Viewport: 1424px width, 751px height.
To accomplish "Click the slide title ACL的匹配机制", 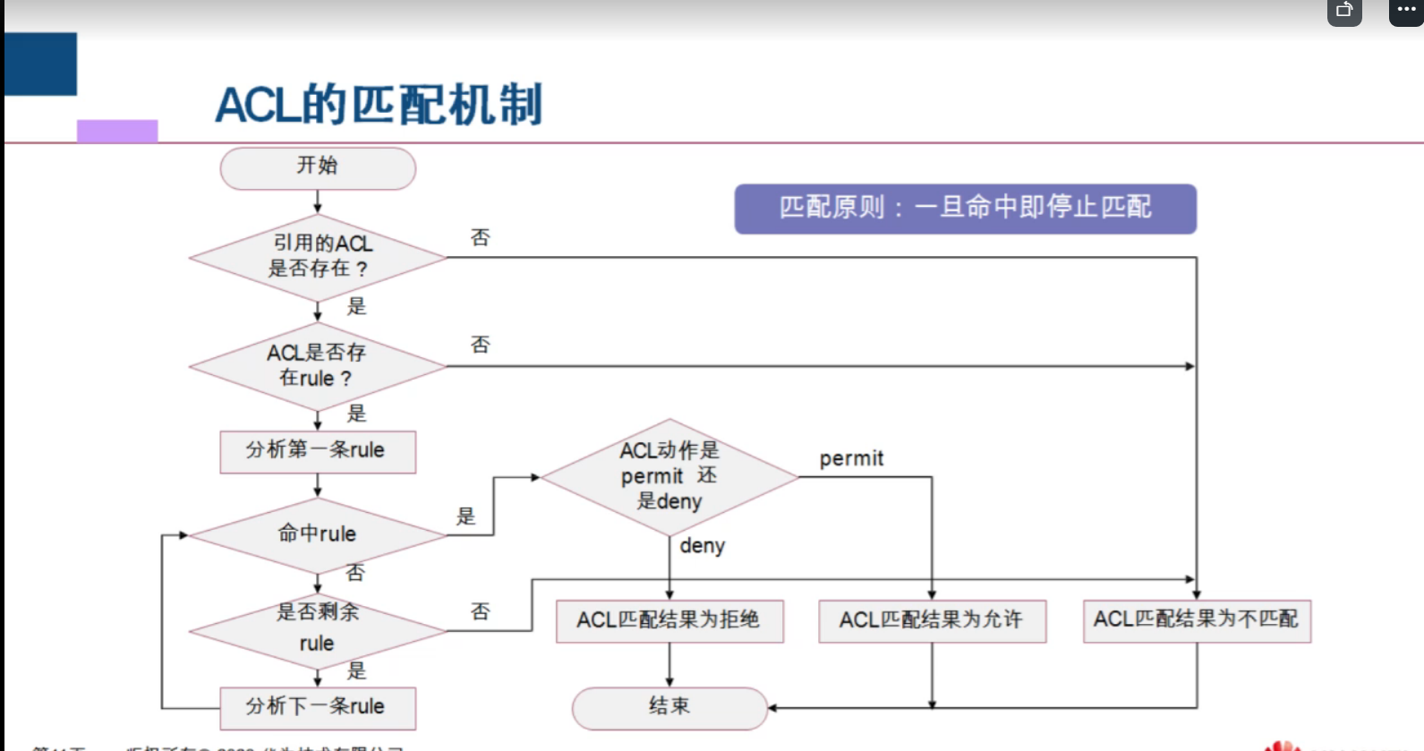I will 379,105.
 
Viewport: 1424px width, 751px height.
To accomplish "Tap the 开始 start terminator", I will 318,168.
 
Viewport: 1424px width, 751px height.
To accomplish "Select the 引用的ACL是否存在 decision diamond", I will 318,257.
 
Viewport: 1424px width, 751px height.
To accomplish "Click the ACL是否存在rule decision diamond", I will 318,366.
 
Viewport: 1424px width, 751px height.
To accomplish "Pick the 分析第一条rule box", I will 318,451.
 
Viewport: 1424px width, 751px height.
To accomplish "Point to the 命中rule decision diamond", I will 318,534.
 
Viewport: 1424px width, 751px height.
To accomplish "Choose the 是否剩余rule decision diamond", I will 318,630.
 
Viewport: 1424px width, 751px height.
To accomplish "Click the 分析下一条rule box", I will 318,707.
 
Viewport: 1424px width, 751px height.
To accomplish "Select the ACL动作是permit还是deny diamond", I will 669,476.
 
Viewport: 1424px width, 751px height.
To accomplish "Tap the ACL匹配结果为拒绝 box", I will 669,620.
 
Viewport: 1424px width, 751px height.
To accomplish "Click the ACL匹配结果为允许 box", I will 932,620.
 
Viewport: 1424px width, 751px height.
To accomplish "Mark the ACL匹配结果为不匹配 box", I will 1197,620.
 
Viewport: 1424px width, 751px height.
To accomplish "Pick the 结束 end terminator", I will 669,707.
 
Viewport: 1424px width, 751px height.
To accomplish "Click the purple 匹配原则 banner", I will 965,209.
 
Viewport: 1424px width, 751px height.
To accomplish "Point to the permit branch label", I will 851,459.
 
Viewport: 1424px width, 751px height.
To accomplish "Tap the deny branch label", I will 702,546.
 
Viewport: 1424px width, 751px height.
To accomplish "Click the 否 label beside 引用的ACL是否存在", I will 481,238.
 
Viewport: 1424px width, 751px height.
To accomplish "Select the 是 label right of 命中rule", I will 466,516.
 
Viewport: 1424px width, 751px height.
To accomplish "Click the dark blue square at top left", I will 41,64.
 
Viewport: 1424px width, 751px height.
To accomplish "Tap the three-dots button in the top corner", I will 1406,11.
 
